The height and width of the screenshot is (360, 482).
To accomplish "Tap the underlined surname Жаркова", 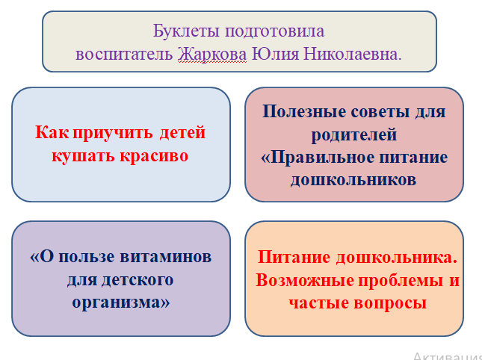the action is pos(212,55).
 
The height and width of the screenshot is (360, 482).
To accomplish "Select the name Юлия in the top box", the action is pos(275,55).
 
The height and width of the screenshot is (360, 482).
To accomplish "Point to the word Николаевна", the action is pos(353,55).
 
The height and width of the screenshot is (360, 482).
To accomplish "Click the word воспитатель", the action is pos(124,55).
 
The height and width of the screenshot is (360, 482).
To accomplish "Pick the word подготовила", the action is pos(274,32).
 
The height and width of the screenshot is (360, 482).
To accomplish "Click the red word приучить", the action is pos(113,133).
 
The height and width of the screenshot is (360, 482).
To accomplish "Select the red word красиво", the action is pos(154,156).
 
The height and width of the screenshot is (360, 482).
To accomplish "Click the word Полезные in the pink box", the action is pos(304,111).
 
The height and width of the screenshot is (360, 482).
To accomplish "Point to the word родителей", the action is pos(354,134).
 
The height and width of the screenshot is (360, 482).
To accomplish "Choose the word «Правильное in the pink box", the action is pos(318,158).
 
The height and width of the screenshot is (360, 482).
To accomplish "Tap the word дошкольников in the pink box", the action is pos(353,180).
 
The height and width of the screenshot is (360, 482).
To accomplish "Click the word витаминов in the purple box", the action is pos(165,257).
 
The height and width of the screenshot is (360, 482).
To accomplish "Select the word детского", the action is pos(138,279).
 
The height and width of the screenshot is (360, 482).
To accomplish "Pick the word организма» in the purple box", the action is pos(121,302).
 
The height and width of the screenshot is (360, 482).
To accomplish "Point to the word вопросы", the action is pos(390,303).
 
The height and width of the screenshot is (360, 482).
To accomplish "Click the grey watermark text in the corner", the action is pos(448,356).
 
